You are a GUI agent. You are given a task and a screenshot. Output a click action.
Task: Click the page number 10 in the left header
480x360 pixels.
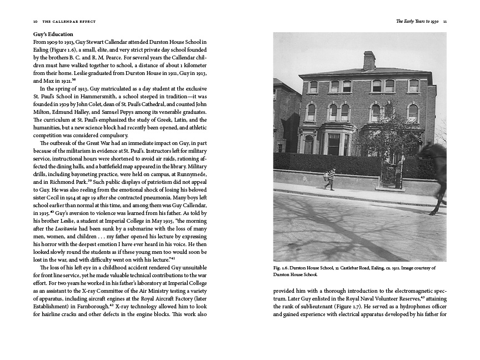pos(35,22)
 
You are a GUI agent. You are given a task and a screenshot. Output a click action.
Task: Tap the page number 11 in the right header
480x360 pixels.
pos(445,22)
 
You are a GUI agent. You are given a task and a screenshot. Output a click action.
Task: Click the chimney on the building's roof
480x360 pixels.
pos(369,61)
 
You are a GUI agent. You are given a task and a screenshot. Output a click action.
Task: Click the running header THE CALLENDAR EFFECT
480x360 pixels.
pos(69,22)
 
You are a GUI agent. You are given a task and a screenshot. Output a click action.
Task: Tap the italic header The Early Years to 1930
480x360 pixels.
pos(417,22)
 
